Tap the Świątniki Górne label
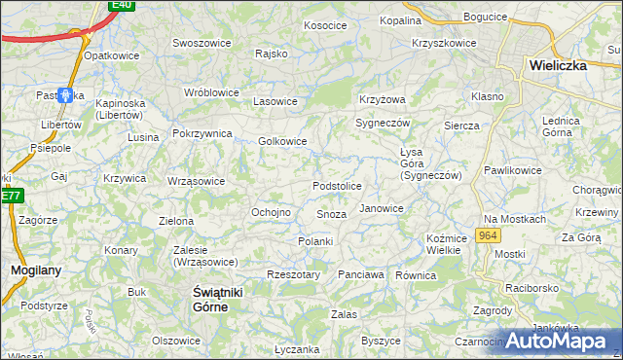point(211,299)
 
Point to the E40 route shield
point(121,5)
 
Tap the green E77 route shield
point(10,196)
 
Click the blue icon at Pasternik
point(66,95)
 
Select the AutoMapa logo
point(563,340)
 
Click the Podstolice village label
point(337,186)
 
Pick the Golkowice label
point(282,141)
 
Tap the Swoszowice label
point(200,43)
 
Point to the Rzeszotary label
point(293,274)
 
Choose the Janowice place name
point(381,208)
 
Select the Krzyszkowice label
point(444,43)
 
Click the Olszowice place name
point(176,341)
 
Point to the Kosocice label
point(326,25)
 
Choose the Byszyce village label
point(381,341)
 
